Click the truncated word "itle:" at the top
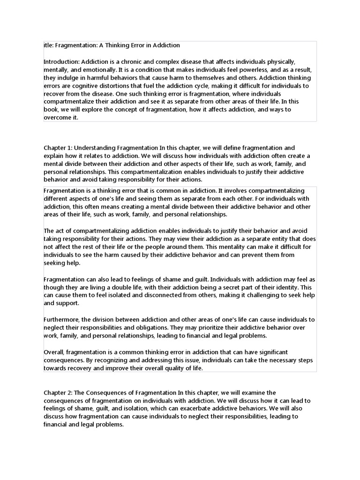coord(49,45)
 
